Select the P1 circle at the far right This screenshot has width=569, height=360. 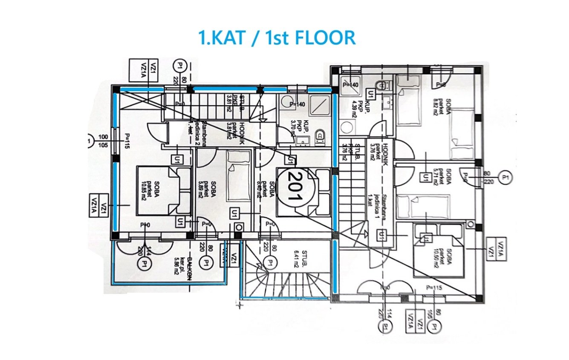pos(506,177)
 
